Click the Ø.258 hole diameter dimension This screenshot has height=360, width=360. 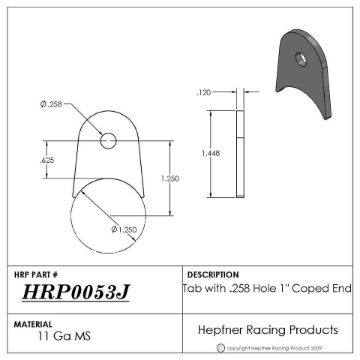[x=51, y=104]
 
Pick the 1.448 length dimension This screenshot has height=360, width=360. [x=208, y=154]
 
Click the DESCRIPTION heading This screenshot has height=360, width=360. [x=212, y=273]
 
